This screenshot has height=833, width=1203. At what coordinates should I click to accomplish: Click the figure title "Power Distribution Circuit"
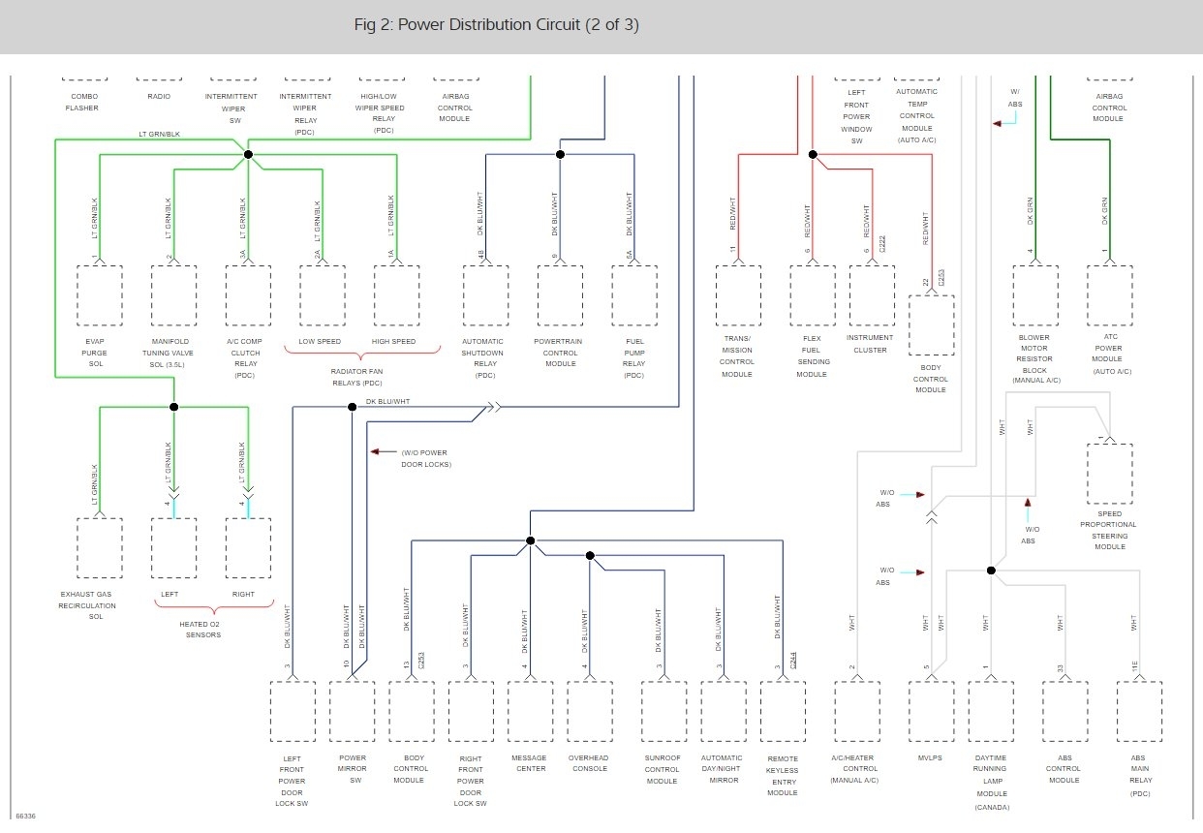(496, 25)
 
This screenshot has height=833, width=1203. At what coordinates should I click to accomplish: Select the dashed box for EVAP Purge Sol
(100, 295)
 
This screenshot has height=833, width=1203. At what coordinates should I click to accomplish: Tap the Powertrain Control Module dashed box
(560, 295)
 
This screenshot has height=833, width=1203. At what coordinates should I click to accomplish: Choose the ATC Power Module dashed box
(1109, 295)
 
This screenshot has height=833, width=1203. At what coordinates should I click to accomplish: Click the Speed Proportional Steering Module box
(1109, 474)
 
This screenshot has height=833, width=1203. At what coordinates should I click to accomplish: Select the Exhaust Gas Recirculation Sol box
(100, 547)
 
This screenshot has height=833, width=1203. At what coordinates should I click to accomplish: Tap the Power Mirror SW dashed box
(353, 711)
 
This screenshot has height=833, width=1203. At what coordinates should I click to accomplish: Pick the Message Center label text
(529, 763)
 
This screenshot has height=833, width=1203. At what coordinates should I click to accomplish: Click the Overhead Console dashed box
(590, 711)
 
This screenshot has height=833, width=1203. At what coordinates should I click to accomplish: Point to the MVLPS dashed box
(931, 711)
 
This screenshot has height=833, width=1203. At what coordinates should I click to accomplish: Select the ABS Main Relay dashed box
(1139, 711)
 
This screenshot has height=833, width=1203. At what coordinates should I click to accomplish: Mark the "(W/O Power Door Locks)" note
(426, 458)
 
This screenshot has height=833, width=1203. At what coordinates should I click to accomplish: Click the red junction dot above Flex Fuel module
(813, 154)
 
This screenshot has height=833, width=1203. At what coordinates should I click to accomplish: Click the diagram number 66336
(25, 817)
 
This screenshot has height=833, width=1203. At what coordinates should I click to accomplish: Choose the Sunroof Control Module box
(663, 711)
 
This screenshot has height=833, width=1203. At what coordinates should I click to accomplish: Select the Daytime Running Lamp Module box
(991, 711)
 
